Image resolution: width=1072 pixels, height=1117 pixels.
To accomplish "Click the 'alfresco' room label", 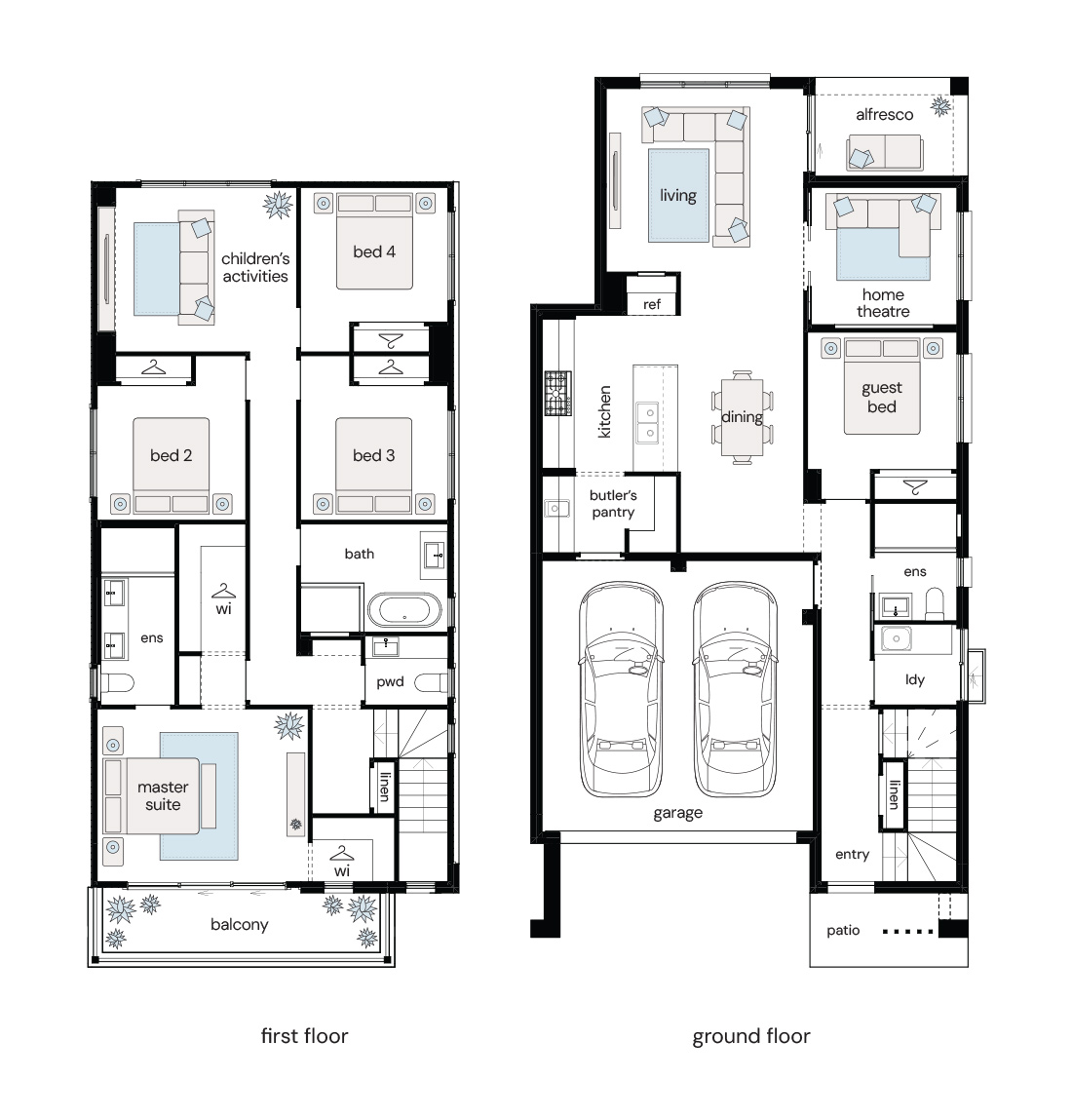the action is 884,115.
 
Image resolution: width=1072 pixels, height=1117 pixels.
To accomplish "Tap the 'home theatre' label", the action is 883,303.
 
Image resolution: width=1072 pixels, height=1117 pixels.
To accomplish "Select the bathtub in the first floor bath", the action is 404,610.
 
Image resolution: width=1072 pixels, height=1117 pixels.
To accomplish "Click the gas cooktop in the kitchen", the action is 557,393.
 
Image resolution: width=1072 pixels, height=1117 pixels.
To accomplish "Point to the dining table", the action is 743,417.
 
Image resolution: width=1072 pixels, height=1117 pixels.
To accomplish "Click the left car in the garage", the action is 621,689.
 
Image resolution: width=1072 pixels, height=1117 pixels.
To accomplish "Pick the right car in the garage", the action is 735,689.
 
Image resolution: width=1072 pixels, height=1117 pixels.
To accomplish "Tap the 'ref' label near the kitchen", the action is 652,304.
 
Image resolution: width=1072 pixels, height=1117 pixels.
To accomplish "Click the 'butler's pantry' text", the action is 613,504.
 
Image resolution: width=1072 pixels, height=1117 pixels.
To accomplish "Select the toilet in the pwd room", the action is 430,683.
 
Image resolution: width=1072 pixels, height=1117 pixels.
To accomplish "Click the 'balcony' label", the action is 240,925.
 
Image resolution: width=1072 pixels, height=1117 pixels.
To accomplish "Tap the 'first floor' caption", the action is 304,1036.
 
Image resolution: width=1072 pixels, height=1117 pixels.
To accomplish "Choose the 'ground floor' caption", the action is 751,1036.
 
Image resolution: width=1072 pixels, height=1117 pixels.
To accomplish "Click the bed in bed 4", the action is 374,242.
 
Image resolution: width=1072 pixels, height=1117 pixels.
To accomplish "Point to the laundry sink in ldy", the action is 896,639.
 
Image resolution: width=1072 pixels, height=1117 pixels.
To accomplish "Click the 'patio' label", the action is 843,931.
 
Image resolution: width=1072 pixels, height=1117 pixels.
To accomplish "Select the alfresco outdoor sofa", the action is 885,152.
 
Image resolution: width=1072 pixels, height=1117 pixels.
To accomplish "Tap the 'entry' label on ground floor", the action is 852,854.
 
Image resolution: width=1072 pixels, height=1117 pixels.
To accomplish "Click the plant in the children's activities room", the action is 278,205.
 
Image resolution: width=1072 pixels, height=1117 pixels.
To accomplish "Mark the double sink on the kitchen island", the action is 647,422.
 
